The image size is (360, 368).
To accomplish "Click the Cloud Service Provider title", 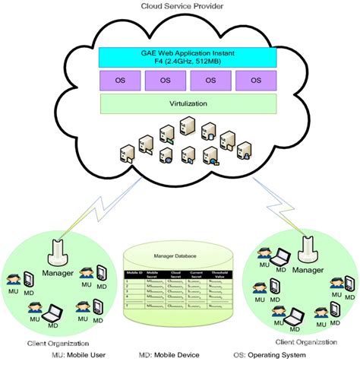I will pyautogui.click(x=180, y=6).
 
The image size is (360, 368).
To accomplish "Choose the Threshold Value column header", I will pyautogui.click(x=222, y=272).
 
